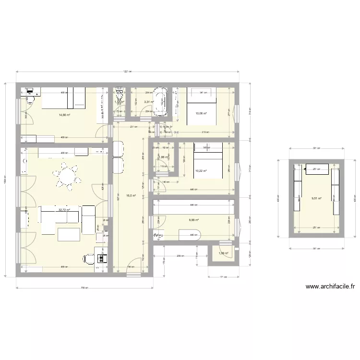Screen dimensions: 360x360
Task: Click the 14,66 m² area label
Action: (x=64, y=115)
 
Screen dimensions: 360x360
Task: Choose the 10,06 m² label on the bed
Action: (x=201, y=114)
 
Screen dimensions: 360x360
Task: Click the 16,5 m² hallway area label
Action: (x=131, y=196)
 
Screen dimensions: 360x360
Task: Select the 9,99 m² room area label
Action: (x=193, y=220)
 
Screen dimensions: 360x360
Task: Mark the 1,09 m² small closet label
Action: (x=223, y=253)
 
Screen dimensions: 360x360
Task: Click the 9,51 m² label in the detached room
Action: (x=316, y=198)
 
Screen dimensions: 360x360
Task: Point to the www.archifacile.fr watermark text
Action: (x=330, y=287)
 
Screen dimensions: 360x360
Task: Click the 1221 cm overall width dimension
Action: (x=127, y=72)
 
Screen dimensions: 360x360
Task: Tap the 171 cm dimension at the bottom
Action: (x=223, y=277)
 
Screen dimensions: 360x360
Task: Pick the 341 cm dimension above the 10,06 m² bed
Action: (x=204, y=92)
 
